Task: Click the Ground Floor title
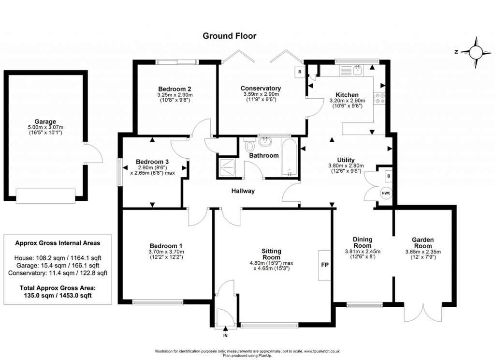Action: pos(229,35)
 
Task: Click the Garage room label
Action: pos(45,121)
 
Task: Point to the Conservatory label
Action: pos(261,88)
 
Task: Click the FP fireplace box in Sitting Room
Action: pos(324,265)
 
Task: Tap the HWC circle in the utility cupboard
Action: pos(386,193)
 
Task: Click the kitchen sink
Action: pos(358,71)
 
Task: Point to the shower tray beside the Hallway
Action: pos(226,166)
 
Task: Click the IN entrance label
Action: pos(225,335)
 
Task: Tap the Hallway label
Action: pos(243,191)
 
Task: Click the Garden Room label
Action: pos(422,240)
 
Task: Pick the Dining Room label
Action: pos(362,242)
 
